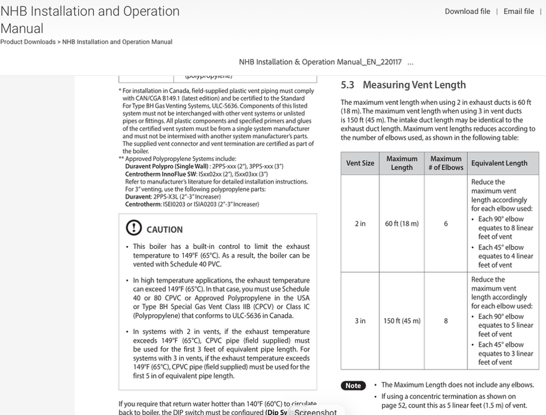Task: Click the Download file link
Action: [x=467, y=12]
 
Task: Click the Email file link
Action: [x=519, y=12]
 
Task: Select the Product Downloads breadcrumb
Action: [x=27, y=42]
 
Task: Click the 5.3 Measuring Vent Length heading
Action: [x=403, y=85]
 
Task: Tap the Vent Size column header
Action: [x=360, y=163]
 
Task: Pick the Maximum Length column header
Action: [x=401, y=163]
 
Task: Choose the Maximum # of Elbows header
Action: [x=446, y=163]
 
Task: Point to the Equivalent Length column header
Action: [x=499, y=163]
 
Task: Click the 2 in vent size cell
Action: [x=360, y=224]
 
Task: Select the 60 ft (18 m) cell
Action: [x=401, y=224]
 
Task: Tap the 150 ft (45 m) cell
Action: [x=401, y=321]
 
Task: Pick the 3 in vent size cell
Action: [x=360, y=321]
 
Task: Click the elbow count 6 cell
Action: [x=446, y=224]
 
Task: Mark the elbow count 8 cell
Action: [x=446, y=321]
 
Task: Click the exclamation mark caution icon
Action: [x=134, y=228]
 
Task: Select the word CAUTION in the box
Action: [x=164, y=230]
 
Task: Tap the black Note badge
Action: [x=353, y=386]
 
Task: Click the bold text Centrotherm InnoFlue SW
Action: [x=160, y=174]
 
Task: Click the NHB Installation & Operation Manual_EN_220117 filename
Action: [x=320, y=62]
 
